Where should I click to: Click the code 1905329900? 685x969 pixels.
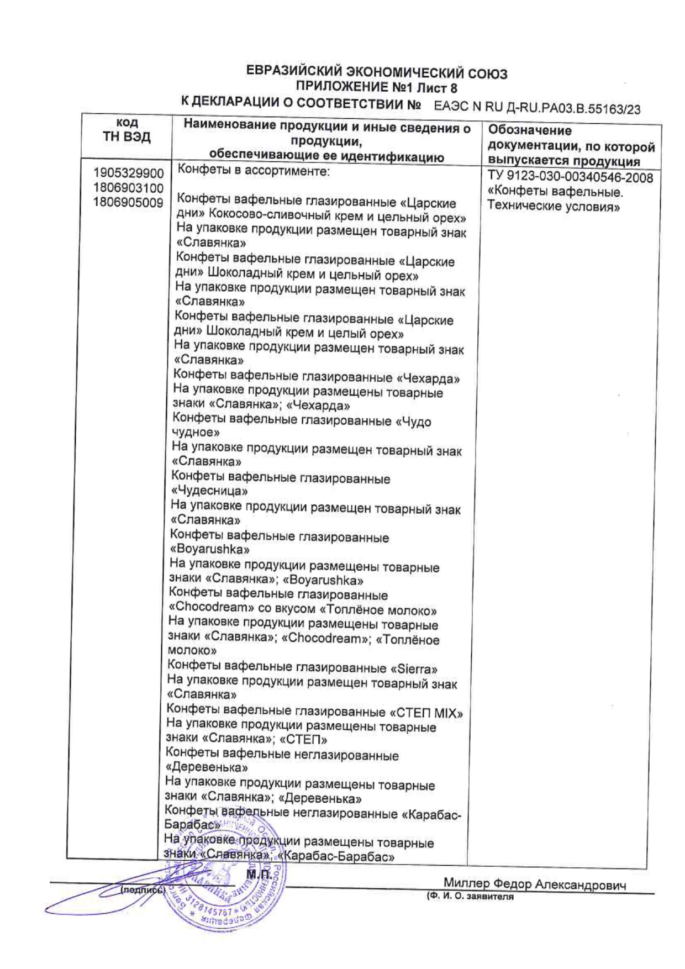(x=129, y=173)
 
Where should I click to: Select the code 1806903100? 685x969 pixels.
(x=129, y=188)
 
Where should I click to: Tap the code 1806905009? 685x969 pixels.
(x=129, y=202)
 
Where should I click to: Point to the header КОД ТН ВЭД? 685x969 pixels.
(x=127, y=130)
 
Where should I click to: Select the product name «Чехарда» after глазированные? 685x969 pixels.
(x=428, y=379)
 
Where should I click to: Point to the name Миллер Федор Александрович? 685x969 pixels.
(x=534, y=885)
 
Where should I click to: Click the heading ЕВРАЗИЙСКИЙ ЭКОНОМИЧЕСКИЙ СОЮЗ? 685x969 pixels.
(x=377, y=73)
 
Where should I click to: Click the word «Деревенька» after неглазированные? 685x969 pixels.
(x=207, y=767)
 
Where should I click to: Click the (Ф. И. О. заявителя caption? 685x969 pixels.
(x=470, y=897)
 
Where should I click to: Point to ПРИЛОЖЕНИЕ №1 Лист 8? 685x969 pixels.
(x=377, y=87)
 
